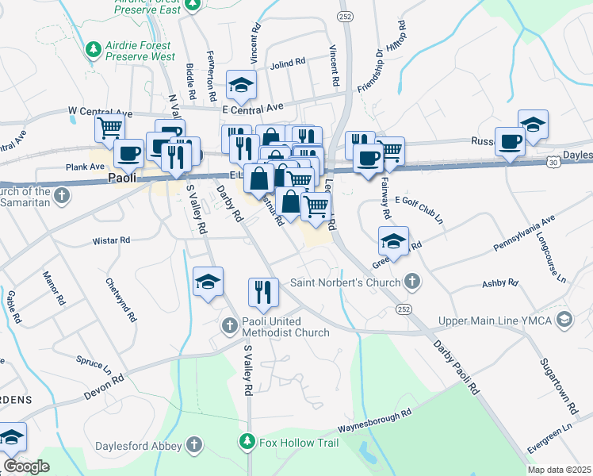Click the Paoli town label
(x=120, y=179)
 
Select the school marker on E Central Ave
(x=241, y=84)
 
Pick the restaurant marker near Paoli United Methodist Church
(x=262, y=291)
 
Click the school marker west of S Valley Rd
(x=208, y=281)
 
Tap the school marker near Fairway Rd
(x=393, y=240)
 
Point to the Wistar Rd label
(x=111, y=240)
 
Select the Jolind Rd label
(x=288, y=63)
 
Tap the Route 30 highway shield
(x=551, y=162)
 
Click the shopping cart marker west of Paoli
(x=109, y=126)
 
